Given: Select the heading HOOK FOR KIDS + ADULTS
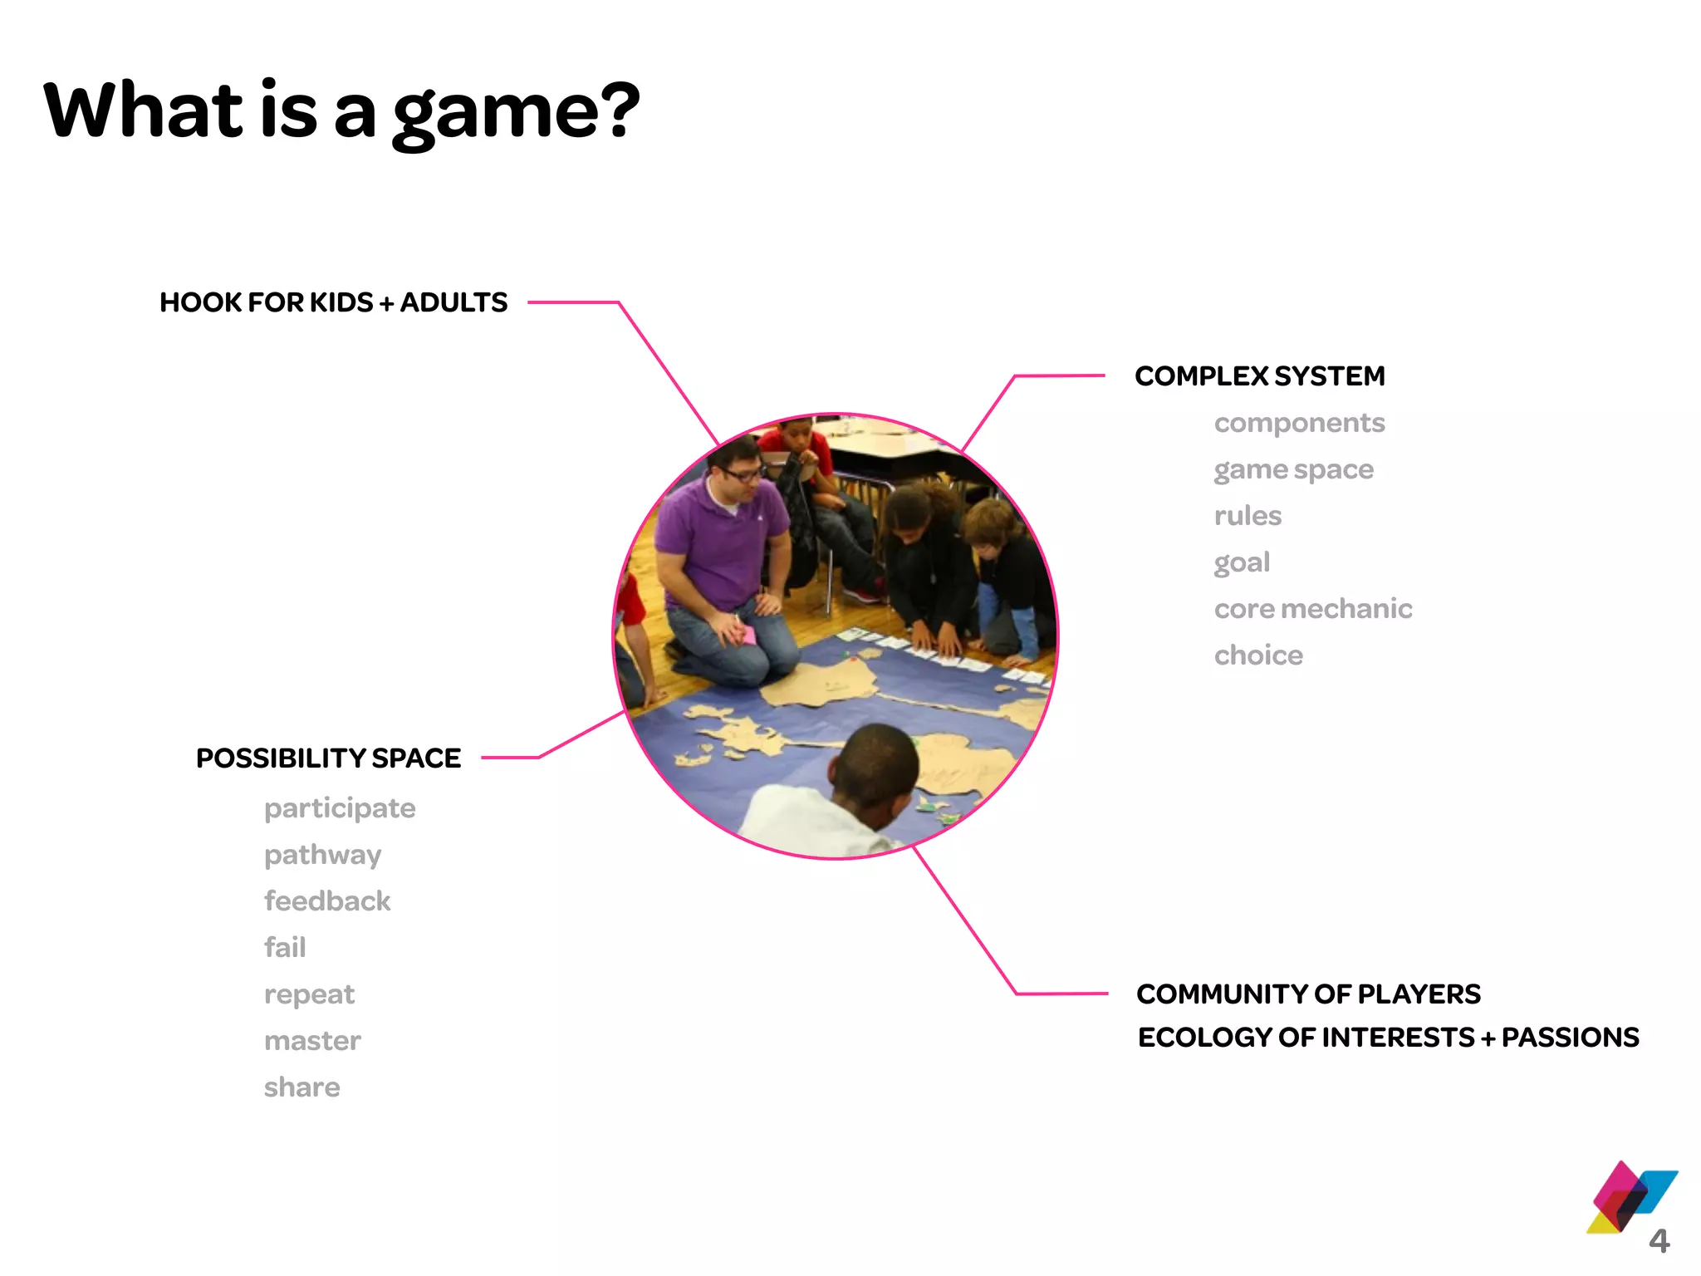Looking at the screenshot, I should tap(333, 302).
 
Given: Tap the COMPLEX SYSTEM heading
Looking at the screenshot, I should tap(1259, 376).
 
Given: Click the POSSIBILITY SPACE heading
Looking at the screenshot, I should tap(328, 758).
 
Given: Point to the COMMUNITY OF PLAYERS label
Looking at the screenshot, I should tap(1308, 994).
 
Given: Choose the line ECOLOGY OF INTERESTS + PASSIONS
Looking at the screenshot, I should tap(1388, 1038).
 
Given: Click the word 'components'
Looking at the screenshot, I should tap(1299, 424).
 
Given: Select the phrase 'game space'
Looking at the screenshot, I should tap(1293, 470).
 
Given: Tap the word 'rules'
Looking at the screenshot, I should tap(1248, 516).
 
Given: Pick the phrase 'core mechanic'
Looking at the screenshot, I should tap(1312, 609).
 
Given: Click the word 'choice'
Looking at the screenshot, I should tap(1258, 655).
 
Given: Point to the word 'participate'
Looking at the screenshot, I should tap(340, 809).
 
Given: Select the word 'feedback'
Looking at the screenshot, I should tap(327, 901).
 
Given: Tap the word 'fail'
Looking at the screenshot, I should tap(285, 948).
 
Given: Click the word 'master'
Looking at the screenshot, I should tap(312, 1041).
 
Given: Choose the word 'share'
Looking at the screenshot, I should tap(301, 1087).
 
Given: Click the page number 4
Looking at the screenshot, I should tap(1659, 1241).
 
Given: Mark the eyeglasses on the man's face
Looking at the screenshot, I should tap(741, 474).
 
